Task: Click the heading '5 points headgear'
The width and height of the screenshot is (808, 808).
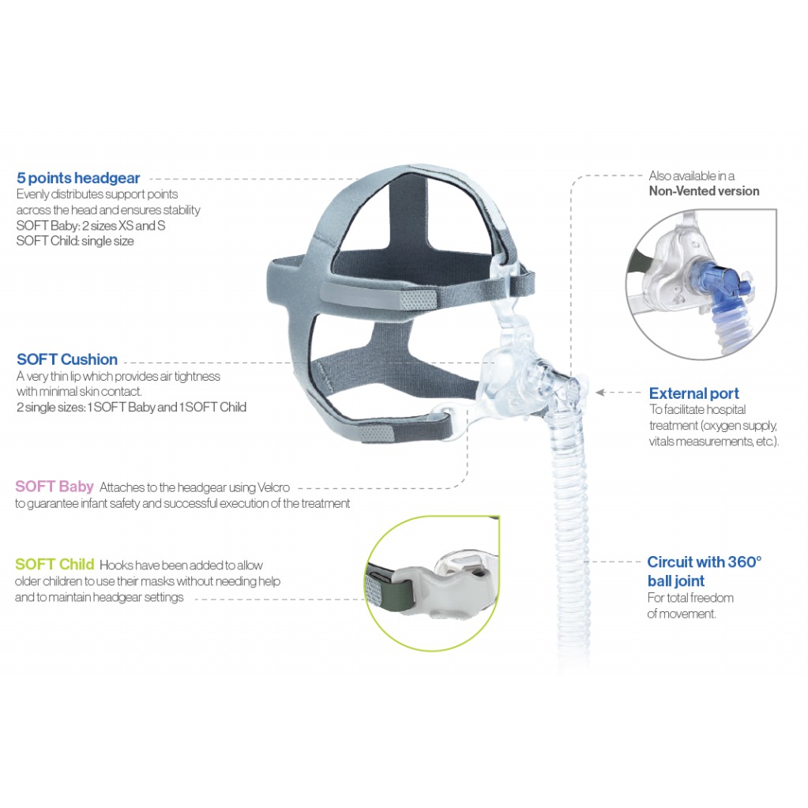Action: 78,178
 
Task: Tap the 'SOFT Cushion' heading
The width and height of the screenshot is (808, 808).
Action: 67,359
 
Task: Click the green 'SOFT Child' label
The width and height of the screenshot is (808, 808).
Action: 54,564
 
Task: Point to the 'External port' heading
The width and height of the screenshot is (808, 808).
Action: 693,393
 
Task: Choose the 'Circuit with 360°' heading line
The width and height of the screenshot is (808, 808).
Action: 704,562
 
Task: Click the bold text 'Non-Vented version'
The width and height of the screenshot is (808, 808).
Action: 704,191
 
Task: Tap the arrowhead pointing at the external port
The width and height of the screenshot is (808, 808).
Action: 599,393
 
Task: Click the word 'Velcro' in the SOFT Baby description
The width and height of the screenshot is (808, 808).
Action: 273,487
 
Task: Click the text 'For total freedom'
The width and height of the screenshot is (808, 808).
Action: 690,598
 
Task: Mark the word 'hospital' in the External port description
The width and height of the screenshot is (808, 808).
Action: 725,410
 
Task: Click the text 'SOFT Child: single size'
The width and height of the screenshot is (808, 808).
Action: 75,241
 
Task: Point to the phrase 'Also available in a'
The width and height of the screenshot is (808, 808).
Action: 692,175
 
